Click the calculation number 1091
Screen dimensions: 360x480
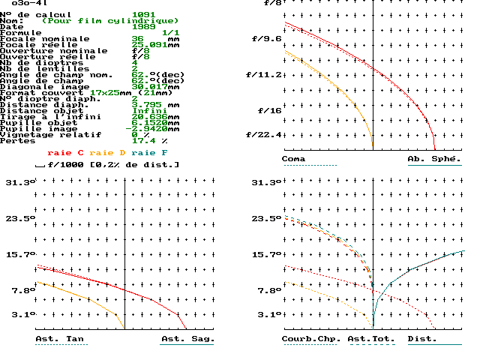click(x=144, y=15)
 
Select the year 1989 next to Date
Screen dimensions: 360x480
click(x=144, y=27)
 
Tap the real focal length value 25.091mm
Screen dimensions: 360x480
click(x=153, y=45)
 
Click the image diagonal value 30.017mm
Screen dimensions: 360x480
click(x=153, y=87)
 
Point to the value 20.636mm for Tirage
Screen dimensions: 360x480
click(x=153, y=117)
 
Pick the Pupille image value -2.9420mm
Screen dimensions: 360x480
click(x=155, y=129)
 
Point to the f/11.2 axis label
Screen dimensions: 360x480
click(x=266, y=75)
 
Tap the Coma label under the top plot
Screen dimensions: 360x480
click(x=294, y=159)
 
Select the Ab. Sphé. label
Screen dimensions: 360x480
click(x=434, y=159)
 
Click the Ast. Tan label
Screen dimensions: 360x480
click(x=59, y=339)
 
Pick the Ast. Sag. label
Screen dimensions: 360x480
click(x=187, y=339)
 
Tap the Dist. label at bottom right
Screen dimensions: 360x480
click(x=422, y=339)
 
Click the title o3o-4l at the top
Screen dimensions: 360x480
click(x=26, y=4)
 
